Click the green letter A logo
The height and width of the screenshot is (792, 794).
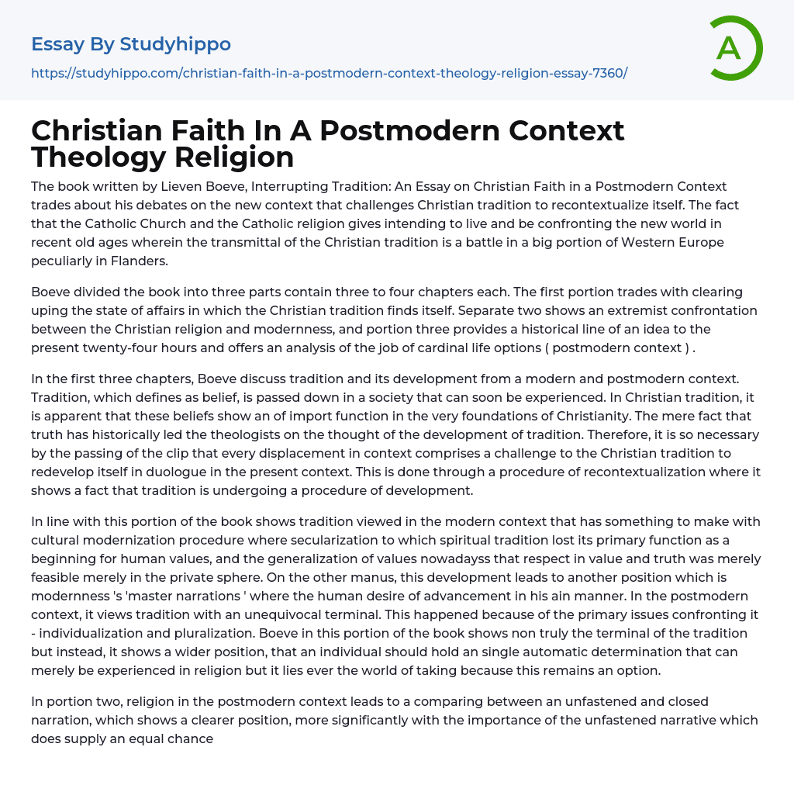tap(735, 48)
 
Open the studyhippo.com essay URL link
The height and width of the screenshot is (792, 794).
tap(329, 73)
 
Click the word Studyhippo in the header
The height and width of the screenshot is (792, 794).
tap(175, 44)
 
